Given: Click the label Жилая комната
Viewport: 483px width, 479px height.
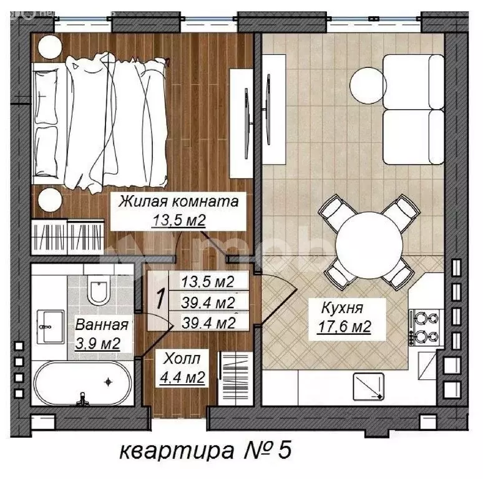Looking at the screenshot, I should coord(179,202).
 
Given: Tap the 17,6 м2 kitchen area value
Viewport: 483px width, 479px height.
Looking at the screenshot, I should coord(347,325).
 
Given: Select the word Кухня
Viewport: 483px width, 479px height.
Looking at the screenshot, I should coord(343,307).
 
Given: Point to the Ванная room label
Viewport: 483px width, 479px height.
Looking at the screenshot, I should coord(102,325).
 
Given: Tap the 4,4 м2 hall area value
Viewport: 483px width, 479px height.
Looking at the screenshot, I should coord(184,376).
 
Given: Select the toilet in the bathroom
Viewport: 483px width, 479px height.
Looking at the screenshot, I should coord(99,288).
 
